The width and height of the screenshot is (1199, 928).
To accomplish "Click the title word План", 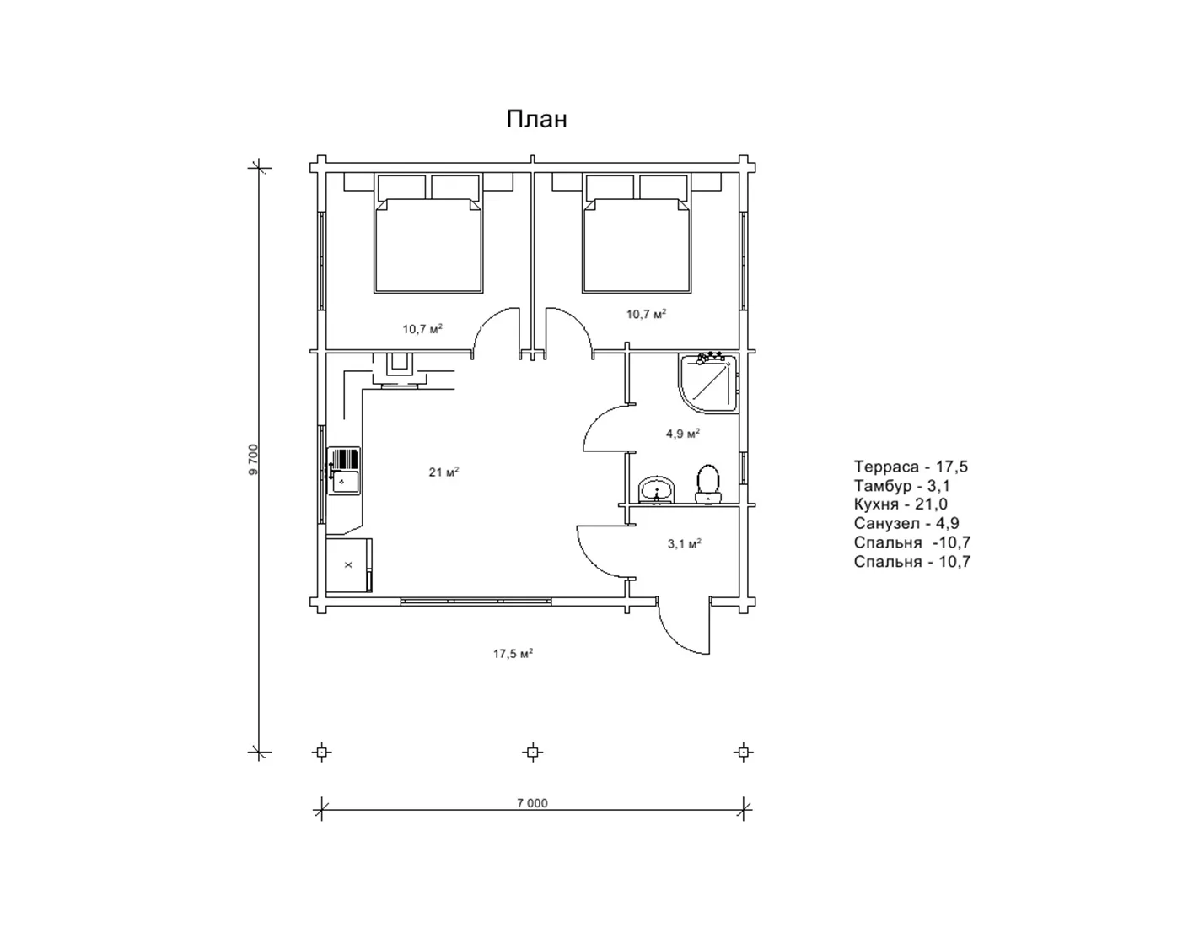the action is coord(536,119).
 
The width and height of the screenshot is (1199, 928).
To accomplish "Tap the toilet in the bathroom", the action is coord(708,484).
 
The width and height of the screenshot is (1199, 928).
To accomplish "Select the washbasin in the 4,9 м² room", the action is coord(656,490).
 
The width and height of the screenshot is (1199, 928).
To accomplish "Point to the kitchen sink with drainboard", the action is coord(343,471).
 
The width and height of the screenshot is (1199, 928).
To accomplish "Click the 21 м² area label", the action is coord(444,472).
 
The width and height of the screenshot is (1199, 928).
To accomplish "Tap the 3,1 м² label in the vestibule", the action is coord(684,544).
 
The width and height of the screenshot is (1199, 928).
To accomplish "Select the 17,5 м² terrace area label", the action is coord(513,654).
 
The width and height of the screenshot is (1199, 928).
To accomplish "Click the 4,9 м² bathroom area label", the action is coord(682,434).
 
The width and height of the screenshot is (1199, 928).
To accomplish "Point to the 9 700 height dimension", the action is coord(253,459).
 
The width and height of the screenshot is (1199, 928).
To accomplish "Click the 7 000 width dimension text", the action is coord(532,803).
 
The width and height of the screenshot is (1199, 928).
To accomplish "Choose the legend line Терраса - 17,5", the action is coord(911,467).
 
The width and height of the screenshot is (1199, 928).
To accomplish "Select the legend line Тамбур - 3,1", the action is coord(901,486).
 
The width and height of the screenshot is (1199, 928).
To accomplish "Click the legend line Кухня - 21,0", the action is coord(901,504).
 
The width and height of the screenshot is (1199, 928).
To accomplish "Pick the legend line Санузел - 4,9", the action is coord(906,523).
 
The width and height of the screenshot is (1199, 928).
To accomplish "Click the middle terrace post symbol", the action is coord(532,752).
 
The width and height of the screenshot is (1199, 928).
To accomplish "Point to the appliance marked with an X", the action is coord(349,564).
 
